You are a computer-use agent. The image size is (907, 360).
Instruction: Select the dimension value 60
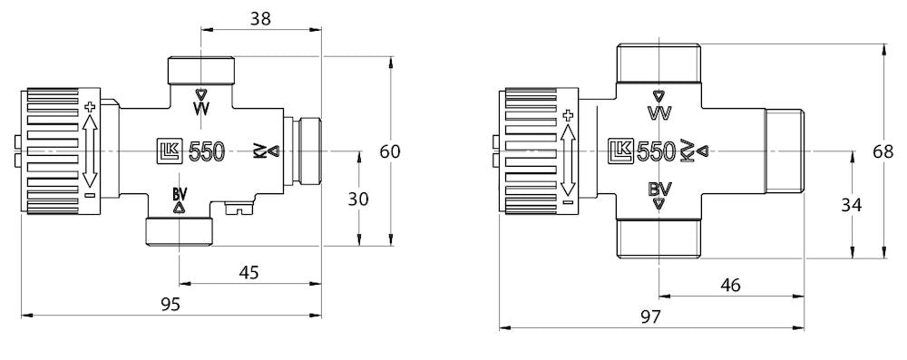point(389,151)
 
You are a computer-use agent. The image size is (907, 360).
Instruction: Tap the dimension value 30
point(359,199)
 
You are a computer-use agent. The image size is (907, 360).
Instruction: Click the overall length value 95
point(169,303)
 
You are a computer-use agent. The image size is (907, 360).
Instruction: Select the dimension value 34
point(851,205)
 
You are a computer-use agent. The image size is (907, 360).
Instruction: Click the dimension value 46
point(729,284)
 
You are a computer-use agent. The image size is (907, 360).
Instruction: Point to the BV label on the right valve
point(659,190)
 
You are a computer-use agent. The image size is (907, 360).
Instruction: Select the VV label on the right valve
point(659,113)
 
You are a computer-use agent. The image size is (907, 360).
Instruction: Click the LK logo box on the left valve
point(170,151)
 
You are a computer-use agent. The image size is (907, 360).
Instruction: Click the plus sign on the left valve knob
point(89,108)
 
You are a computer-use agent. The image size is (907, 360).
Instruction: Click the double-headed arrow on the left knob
point(89,151)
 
